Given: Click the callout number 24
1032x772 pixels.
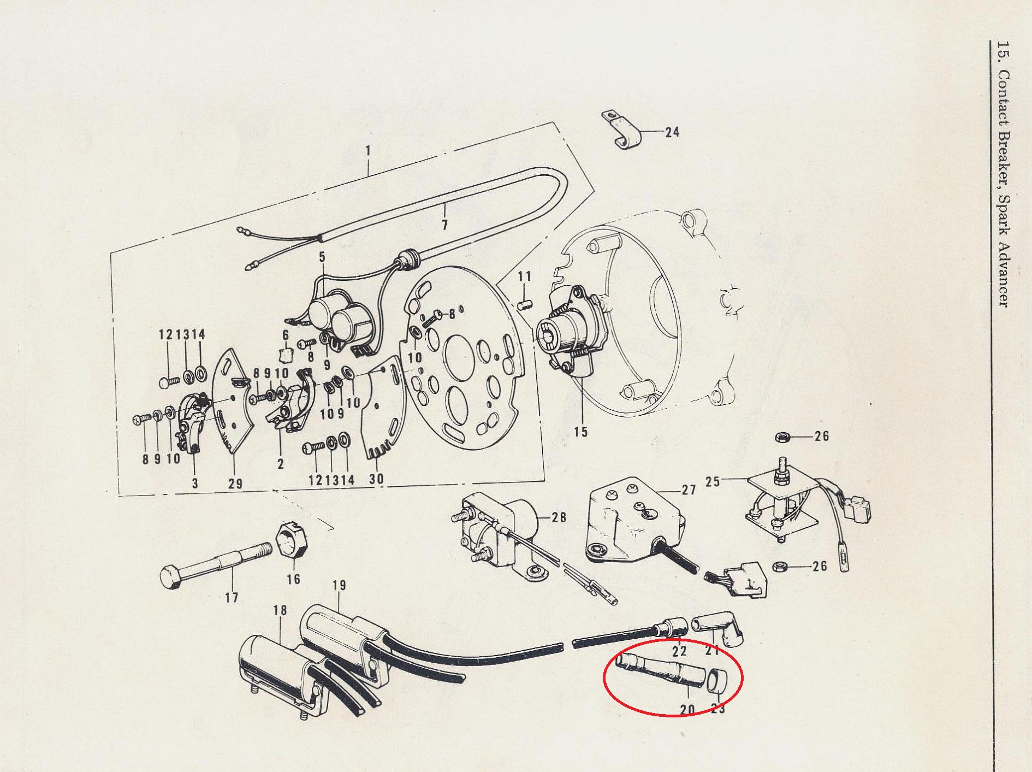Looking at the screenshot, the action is coord(672,132).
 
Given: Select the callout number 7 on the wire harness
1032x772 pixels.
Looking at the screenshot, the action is coord(445,224).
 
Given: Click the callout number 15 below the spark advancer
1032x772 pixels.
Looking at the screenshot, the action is coord(581,432).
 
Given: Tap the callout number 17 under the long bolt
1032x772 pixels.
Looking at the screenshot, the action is coord(232,597).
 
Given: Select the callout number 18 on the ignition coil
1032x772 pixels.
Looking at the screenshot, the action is coord(280,610).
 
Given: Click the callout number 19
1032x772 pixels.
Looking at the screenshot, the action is coord(339,586).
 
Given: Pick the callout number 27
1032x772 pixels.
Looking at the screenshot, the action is coord(689,490).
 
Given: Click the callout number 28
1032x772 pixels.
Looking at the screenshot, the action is coord(559,517).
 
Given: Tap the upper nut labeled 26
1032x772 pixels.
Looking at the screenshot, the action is coord(782,437).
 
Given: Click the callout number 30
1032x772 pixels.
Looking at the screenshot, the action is coord(376,479).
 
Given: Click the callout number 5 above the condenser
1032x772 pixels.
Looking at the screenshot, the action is coord(322,257).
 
